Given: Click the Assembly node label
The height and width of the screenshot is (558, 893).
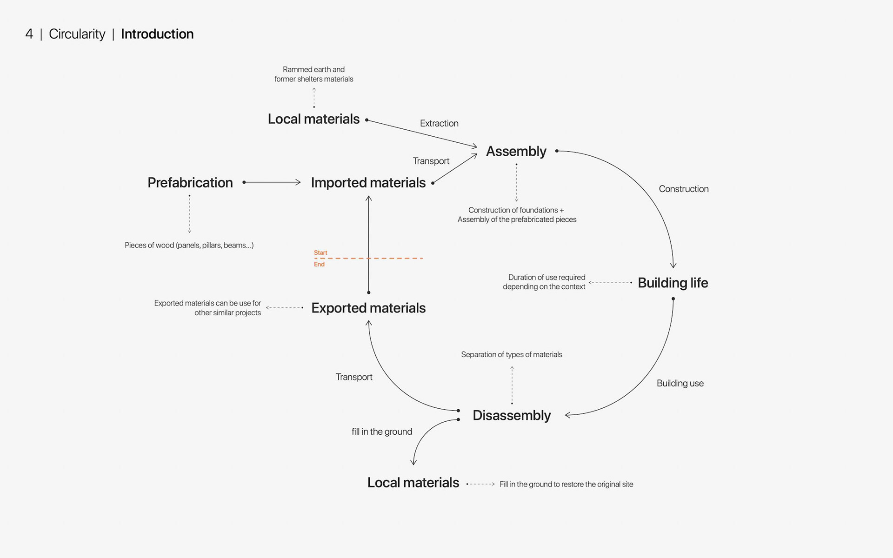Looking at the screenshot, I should point(516,151).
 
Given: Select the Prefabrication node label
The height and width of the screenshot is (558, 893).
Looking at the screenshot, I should point(190,183).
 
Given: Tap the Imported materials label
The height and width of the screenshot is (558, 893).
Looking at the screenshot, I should point(368,183).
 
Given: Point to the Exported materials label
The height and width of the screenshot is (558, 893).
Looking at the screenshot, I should point(368,308).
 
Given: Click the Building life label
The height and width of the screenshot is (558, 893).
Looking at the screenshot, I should point(673,283).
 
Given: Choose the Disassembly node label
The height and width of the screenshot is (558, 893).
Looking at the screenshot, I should point(511,415).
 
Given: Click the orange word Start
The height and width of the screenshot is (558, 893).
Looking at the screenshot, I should point(320,252).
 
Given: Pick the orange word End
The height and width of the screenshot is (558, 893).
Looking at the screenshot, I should point(319,264).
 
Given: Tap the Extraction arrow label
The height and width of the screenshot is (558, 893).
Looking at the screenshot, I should point(439,123).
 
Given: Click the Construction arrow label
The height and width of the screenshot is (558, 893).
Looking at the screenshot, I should point(683,189).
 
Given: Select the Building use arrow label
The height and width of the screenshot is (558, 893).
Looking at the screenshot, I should point(680,383).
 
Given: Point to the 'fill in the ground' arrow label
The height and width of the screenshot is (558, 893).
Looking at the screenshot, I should point(381,432).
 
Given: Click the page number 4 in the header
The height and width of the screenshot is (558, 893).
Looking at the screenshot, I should point(29,34).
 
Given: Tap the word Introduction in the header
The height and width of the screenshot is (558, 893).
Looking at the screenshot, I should point(157,34).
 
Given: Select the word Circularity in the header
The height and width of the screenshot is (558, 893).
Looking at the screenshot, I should point(77,34).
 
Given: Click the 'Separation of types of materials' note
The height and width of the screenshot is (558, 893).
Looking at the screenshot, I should point(511,354).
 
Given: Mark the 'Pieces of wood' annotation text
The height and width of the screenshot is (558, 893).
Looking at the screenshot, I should point(189,245).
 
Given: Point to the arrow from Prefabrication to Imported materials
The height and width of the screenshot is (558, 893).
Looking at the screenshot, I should point(272,182).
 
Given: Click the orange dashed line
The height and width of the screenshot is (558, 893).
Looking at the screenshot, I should point(395,258).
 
